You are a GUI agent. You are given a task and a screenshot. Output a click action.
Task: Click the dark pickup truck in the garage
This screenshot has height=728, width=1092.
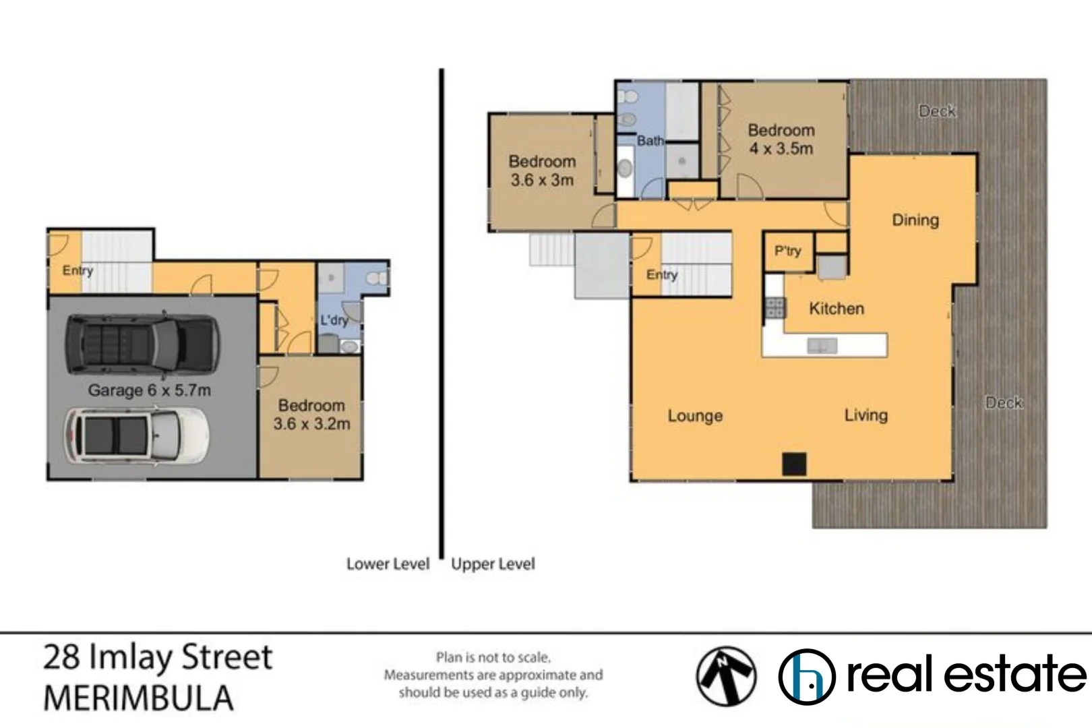tap(142, 344)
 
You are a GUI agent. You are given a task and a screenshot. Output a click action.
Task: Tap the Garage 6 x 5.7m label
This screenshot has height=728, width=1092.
tap(149, 390)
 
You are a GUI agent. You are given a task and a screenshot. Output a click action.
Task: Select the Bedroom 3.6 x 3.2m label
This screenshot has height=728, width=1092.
tap(311, 415)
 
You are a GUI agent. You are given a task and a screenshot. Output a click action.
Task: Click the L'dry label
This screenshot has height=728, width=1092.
tap(334, 320)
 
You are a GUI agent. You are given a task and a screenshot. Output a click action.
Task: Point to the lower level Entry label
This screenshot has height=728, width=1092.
tap(78, 270)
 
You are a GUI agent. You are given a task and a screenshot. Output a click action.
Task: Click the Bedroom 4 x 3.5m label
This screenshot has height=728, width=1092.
tap(781, 140)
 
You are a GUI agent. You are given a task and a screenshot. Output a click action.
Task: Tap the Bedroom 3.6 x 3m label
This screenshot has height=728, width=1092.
tap(542, 171)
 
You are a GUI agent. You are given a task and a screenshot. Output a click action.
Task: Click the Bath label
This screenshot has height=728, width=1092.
tap(650, 141)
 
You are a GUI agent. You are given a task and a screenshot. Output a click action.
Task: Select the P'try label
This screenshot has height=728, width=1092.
tap(787, 251)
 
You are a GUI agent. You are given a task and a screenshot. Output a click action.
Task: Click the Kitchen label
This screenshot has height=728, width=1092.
tap(836, 309)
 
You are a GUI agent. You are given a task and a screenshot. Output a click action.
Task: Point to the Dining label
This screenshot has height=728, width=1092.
tap(915, 220)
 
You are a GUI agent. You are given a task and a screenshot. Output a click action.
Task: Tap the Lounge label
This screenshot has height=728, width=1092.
tap(695, 416)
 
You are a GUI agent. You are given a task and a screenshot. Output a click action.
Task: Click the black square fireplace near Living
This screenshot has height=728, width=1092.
tap(794, 464)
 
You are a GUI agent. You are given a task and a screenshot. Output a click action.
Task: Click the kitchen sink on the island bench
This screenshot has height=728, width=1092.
tap(822, 346)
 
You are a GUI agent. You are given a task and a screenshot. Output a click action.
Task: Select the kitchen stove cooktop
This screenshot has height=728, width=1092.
tap(775, 308)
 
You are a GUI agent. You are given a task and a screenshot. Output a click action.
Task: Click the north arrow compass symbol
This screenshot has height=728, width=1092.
tap(726, 676)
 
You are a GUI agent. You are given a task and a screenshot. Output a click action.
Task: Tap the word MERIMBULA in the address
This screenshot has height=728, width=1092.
tap(138, 698)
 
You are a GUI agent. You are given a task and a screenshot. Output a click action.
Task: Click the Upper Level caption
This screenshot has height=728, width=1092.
tap(493, 564)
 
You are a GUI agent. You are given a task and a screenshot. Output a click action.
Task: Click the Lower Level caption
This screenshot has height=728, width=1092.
tap(388, 564)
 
